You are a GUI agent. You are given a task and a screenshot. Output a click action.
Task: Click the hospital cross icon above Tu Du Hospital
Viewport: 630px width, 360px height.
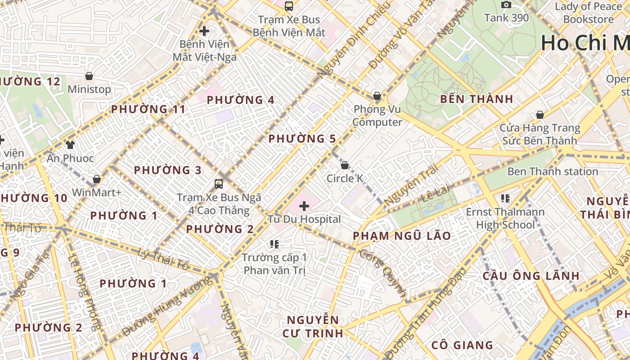pos(304,206)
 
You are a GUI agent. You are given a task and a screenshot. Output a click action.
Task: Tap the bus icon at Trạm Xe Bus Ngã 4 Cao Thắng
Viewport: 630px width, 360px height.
pos(219,184)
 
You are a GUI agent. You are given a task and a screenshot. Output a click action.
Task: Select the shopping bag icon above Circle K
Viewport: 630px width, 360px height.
pos(345,165)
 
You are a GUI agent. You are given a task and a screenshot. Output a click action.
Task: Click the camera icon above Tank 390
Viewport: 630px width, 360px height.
pos(506,4)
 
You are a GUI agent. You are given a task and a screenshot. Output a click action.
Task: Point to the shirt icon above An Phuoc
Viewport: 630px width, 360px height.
pos(70,144)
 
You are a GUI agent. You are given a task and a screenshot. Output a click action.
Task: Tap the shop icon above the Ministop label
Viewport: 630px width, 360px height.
pos(89,76)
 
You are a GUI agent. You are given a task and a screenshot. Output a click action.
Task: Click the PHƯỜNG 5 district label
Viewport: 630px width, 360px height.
pos(302,139)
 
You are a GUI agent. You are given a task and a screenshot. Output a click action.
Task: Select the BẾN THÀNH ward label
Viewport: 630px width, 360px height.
pos(477,99)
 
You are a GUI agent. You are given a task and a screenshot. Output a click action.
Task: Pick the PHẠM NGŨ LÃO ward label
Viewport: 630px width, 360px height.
pos(402,236)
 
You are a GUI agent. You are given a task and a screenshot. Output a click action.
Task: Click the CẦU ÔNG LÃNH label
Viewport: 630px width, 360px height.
pos(531,276)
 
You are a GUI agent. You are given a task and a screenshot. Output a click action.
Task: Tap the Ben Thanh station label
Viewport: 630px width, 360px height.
pos(553,171)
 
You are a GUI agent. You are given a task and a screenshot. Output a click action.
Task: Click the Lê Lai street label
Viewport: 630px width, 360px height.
pos(436,194)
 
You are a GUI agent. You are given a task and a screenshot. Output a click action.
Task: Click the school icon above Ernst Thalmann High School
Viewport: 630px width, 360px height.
pos(505,198)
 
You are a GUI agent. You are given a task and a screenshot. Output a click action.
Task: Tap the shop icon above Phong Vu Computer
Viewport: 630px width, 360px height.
pos(377,96)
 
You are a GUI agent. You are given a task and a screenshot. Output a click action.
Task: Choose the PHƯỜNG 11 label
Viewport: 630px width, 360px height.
pos(148,109)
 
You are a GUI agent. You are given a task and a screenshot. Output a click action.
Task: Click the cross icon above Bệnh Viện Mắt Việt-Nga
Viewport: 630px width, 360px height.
pos(204,31)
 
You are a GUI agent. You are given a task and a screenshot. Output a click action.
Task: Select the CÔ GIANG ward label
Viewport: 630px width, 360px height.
pos(462,345)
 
